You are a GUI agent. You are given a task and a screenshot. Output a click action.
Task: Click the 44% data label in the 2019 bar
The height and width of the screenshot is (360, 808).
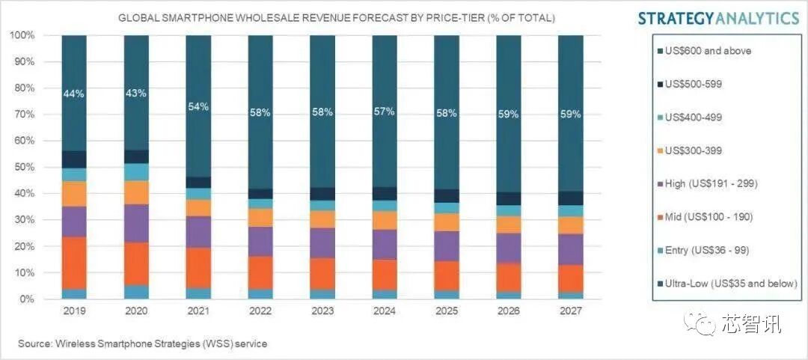point(74,94)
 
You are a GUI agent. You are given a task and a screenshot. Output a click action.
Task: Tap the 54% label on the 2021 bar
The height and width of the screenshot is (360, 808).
point(198,106)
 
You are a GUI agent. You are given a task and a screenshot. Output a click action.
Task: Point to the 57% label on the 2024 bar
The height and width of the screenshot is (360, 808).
point(385,112)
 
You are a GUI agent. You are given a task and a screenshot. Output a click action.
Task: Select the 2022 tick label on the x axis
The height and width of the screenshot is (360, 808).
point(260,308)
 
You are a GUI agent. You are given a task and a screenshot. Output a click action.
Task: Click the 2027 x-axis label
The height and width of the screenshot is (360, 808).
point(570,308)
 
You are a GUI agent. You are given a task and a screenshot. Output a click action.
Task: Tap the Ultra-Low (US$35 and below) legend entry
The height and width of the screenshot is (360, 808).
point(729,284)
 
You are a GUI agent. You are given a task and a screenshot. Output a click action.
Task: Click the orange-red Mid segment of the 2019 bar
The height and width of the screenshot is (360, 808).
point(74,263)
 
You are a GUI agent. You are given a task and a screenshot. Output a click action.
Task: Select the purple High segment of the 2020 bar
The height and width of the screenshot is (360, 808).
point(136,223)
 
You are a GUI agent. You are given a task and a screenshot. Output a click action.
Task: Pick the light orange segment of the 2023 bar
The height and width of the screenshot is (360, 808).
point(322,219)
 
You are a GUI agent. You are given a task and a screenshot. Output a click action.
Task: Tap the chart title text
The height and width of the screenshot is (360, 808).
point(337,17)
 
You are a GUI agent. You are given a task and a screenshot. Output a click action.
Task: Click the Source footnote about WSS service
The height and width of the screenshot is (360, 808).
point(143,344)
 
